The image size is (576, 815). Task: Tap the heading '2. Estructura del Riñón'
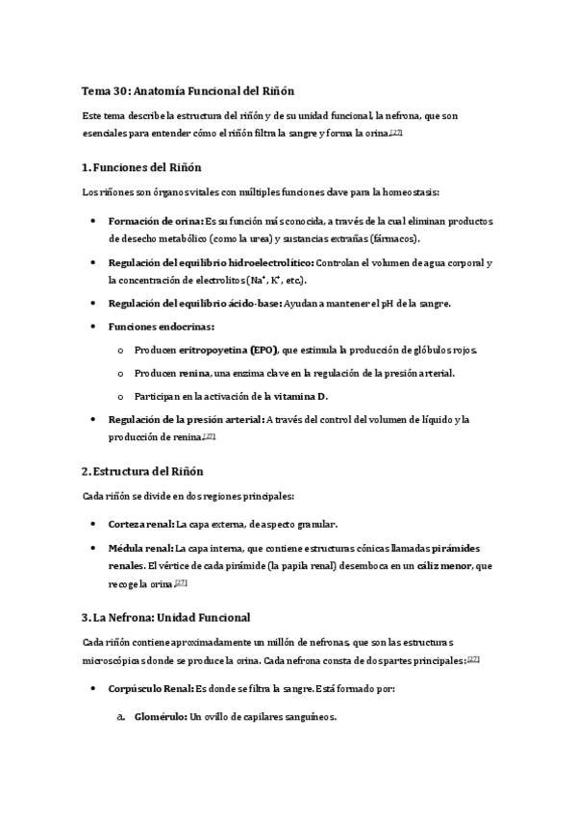point(143,471)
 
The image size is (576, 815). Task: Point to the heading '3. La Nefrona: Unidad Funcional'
point(165,616)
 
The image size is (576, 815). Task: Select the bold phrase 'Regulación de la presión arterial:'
point(186,420)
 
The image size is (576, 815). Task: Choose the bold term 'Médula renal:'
point(141,548)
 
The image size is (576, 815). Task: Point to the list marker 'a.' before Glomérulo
point(120,717)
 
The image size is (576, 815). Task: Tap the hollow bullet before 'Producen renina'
point(119,374)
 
